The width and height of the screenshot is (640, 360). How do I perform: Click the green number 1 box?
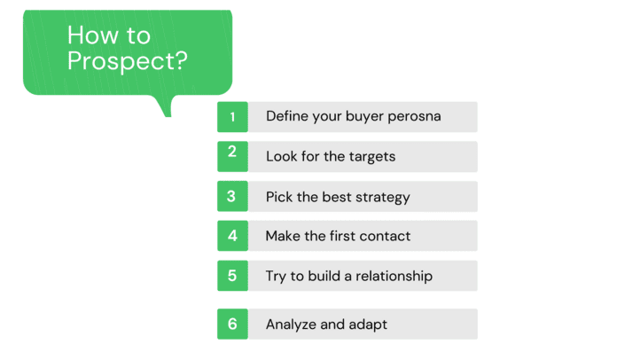point(232,117)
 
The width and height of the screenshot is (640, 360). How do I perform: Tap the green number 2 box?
point(232,156)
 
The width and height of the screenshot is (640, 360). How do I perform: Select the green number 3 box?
point(232,196)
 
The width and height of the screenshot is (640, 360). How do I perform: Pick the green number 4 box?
point(232,236)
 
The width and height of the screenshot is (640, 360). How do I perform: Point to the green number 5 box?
point(232,276)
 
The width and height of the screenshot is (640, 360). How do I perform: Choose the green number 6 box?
point(232,324)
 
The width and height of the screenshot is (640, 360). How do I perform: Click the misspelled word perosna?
point(414,117)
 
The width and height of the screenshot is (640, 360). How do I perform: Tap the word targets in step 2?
point(371,157)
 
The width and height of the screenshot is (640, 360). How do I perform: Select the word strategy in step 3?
point(382,198)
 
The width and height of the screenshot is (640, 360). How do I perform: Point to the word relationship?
point(394,277)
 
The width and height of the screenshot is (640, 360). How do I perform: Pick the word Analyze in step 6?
point(291,325)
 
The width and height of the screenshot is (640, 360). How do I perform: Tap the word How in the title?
point(92,35)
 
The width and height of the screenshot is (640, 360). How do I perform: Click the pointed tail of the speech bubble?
point(168,116)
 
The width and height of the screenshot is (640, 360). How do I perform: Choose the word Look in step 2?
point(282,156)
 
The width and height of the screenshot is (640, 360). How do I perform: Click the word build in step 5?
point(324,276)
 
